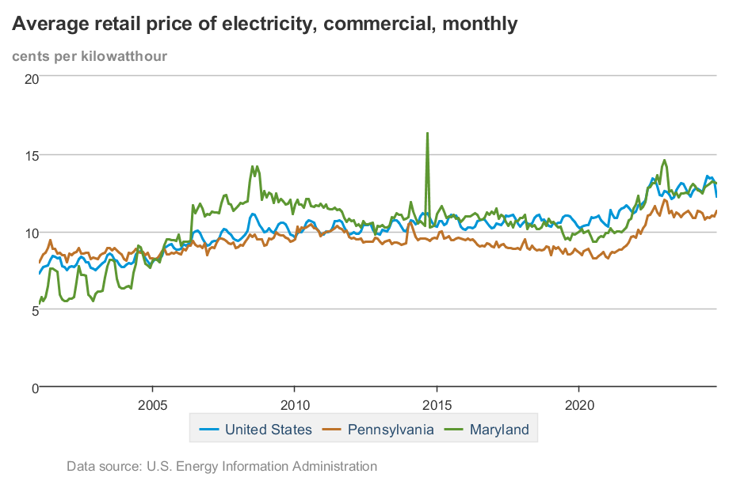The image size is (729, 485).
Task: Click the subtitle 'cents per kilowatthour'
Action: [x=90, y=55]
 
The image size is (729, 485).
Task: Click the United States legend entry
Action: [x=268, y=430]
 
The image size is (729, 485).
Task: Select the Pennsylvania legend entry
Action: [x=391, y=430]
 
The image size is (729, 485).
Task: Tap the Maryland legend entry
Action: [x=498, y=430]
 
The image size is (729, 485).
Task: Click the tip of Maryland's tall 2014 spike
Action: [x=428, y=133]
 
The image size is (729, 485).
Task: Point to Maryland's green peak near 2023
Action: [x=665, y=161]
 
